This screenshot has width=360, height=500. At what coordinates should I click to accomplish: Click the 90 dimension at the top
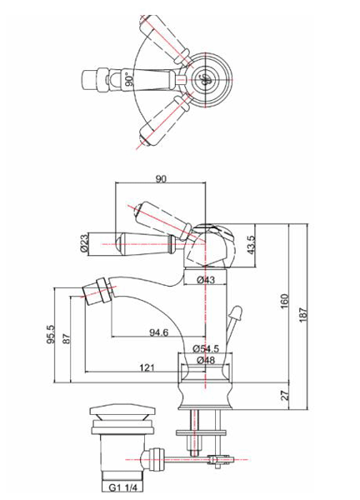(162, 177)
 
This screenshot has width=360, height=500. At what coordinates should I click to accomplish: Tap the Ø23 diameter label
(85, 242)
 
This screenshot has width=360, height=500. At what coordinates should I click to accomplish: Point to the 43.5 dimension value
(250, 247)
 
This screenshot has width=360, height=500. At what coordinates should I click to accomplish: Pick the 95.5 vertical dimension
(51, 334)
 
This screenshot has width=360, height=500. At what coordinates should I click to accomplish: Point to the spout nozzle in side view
(101, 292)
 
